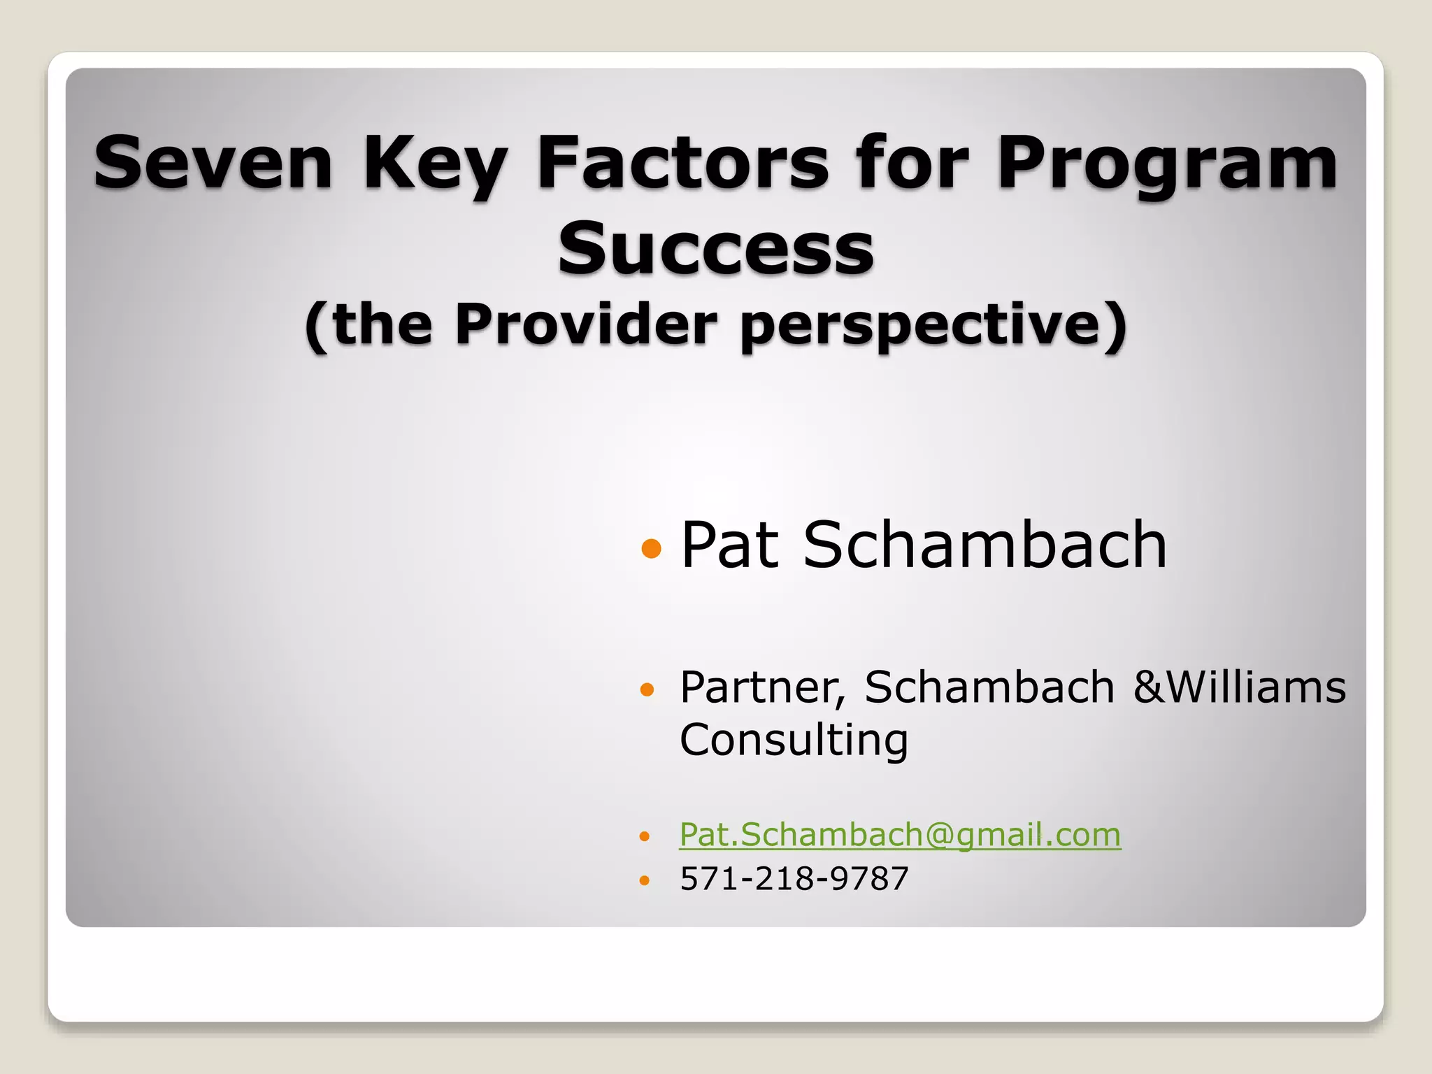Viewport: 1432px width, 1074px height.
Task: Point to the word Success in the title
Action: pos(715,248)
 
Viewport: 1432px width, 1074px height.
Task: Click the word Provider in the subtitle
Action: pos(586,324)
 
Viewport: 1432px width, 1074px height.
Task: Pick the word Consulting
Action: pos(794,740)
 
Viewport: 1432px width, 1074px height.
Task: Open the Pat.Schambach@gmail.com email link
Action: pos(900,834)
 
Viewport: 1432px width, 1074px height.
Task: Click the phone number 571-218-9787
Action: pos(794,878)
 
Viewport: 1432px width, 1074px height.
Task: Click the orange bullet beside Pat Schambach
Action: pos(651,548)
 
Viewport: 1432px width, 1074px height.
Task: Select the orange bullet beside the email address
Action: pos(645,836)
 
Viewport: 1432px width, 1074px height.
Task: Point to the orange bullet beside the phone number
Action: pos(645,880)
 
